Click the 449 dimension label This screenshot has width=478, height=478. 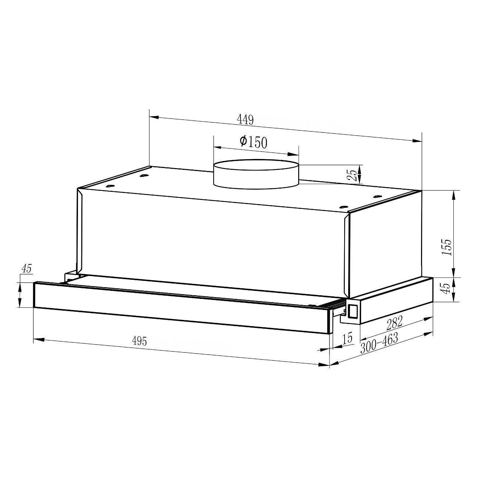(x=246, y=120)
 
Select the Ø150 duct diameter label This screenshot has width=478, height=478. (x=253, y=142)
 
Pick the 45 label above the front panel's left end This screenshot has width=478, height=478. (x=27, y=269)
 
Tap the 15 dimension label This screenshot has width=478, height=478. (x=347, y=338)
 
